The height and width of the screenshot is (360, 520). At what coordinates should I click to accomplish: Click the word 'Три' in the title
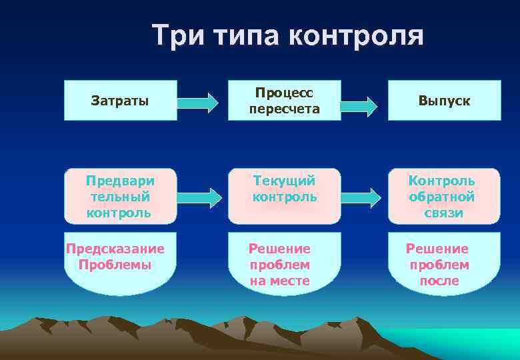click(177, 35)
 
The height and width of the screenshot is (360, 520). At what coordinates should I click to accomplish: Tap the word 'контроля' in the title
click(356, 35)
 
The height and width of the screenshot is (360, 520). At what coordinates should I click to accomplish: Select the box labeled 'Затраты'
click(120, 101)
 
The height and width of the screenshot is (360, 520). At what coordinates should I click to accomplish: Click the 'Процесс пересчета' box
click(285, 100)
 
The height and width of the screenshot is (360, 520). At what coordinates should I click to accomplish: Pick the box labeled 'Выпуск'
click(445, 101)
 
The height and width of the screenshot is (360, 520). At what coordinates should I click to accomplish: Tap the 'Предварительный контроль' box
click(120, 197)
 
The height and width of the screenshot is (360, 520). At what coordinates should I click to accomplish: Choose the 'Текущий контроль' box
click(285, 196)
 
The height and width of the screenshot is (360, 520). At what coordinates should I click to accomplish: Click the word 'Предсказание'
click(115, 249)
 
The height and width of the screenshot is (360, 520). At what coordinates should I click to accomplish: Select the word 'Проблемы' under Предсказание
click(115, 265)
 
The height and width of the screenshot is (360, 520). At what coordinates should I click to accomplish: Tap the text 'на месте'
click(280, 281)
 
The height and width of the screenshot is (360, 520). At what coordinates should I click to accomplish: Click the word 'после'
click(439, 281)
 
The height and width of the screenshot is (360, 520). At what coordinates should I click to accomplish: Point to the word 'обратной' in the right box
click(441, 197)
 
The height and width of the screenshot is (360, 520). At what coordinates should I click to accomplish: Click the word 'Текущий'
click(285, 181)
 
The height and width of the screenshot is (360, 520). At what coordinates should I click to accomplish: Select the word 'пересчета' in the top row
click(285, 109)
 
